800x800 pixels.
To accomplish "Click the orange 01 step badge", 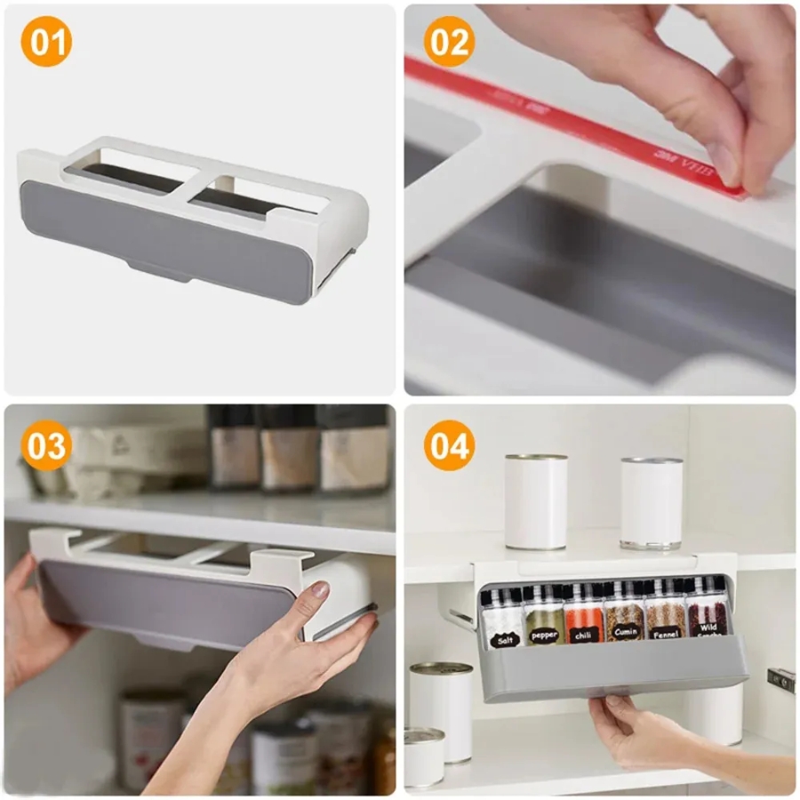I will pos(46,42).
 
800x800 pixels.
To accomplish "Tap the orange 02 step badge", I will pos(449,42).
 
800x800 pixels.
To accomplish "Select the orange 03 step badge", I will pos(46,445).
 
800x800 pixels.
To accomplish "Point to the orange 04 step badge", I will pos(449,445).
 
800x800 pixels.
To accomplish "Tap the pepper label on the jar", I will pos(543,636).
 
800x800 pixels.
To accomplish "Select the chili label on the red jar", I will pos(584,635).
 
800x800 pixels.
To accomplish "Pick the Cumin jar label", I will pos(625,633).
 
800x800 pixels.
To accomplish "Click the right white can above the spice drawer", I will pos(652,502).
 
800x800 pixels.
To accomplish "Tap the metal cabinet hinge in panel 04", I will pos(780,680).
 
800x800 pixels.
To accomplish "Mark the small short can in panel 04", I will pos(424,756).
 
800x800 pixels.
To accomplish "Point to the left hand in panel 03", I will pos(36,622).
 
